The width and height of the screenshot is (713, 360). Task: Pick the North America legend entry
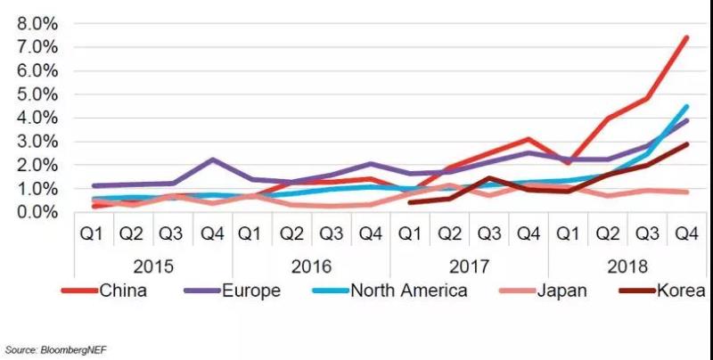409,290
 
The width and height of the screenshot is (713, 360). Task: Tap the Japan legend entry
554,290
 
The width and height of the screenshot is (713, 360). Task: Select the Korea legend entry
682,290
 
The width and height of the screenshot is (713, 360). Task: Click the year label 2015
153,266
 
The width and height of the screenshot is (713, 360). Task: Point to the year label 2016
311,266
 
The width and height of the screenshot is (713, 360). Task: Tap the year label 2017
469,266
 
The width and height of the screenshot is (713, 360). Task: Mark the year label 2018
627,266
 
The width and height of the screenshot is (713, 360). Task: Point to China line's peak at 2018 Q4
686,37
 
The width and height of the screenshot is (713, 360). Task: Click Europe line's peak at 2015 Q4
213,160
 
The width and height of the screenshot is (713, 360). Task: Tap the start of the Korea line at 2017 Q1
410,202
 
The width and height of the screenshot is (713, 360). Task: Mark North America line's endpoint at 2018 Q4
686,106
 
